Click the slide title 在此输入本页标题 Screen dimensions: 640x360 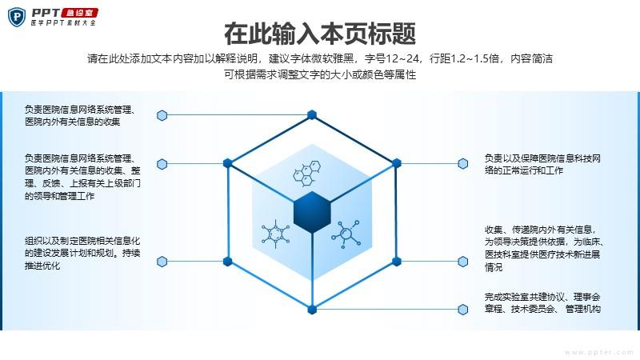click(320, 33)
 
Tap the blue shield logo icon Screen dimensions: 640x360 click(17, 18)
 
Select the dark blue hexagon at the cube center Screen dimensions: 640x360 click(312, 212)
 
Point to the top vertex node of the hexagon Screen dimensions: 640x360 click(312, 114)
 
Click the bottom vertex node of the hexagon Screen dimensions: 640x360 click(312, 310)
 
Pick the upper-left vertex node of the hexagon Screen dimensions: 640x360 click(228, 163)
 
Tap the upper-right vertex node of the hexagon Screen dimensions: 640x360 click(396, 163)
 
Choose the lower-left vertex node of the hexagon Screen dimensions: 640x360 click(228, 262)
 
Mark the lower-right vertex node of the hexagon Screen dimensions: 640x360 click(396, 262)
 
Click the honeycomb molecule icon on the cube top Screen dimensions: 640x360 click(307, 174)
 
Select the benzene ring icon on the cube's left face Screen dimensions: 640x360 click(275, 234)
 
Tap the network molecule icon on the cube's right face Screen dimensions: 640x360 click(346, 234)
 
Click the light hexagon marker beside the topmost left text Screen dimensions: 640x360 click(162, 115)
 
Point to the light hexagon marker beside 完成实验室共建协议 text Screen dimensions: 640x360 click(463, 310)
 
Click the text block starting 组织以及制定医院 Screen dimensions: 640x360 click(82, 253)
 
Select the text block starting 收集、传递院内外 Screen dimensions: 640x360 click(544, 248)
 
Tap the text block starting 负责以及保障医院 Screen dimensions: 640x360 click(542, 164)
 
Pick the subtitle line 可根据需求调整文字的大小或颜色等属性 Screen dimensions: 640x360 click(320, 74)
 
